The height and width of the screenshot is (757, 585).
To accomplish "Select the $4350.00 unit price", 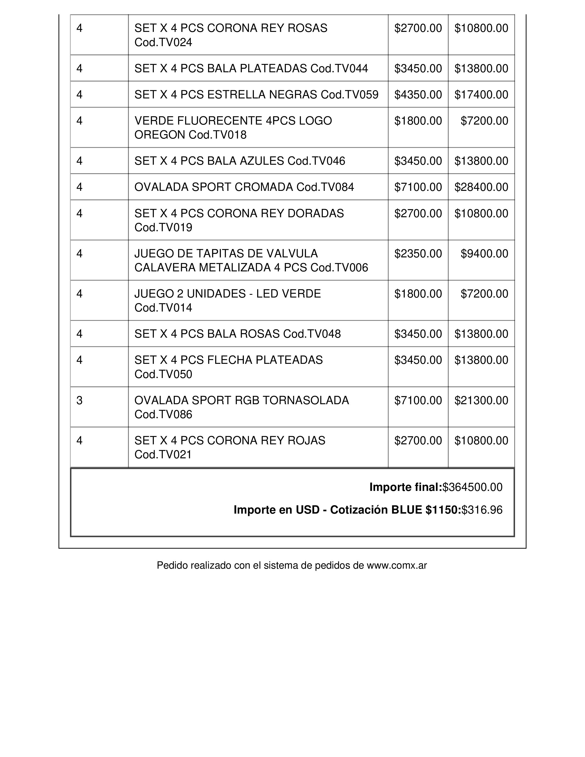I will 418,95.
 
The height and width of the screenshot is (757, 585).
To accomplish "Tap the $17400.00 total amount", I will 481,95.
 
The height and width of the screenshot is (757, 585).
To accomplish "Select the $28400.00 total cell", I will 481,187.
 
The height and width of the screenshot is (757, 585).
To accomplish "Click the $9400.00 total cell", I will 484,254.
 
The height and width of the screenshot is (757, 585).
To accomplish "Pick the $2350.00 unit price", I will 418,254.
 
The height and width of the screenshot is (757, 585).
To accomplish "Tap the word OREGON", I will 159,135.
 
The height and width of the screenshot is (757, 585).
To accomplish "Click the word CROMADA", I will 263,187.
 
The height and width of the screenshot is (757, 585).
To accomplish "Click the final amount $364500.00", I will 472,487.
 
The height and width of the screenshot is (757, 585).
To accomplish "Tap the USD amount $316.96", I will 482,510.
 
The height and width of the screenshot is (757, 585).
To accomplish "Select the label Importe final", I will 405,487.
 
